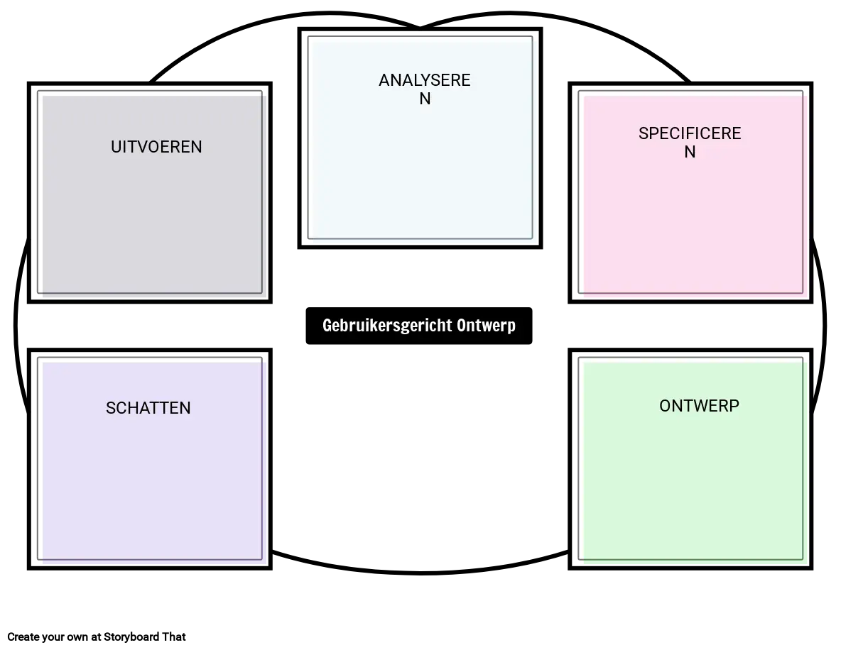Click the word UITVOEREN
point(156,147)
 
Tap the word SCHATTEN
point(148,408)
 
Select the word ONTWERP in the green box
point(699,406)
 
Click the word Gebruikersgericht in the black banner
point(387,325)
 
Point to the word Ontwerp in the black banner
point(486,325)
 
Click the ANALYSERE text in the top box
point(425,80)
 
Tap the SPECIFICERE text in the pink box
point(690,133)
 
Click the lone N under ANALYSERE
point(425,99)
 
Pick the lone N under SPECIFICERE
point(690,152)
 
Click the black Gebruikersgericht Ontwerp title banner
point(419,326)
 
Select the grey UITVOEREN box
point(150,193)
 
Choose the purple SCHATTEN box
point(150,459)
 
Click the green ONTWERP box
point(690,459)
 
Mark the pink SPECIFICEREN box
point(690,193)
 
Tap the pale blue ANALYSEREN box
point(420,138)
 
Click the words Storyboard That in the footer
point(145,636)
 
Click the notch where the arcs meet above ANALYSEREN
point(420,26)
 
